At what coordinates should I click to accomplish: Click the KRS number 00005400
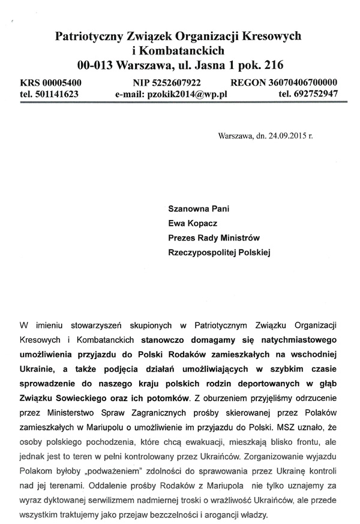point(60,83)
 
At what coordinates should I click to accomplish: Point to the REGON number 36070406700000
point(296,83)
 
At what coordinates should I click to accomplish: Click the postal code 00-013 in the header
point(97,63)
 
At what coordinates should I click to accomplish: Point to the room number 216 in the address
point(271,63)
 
